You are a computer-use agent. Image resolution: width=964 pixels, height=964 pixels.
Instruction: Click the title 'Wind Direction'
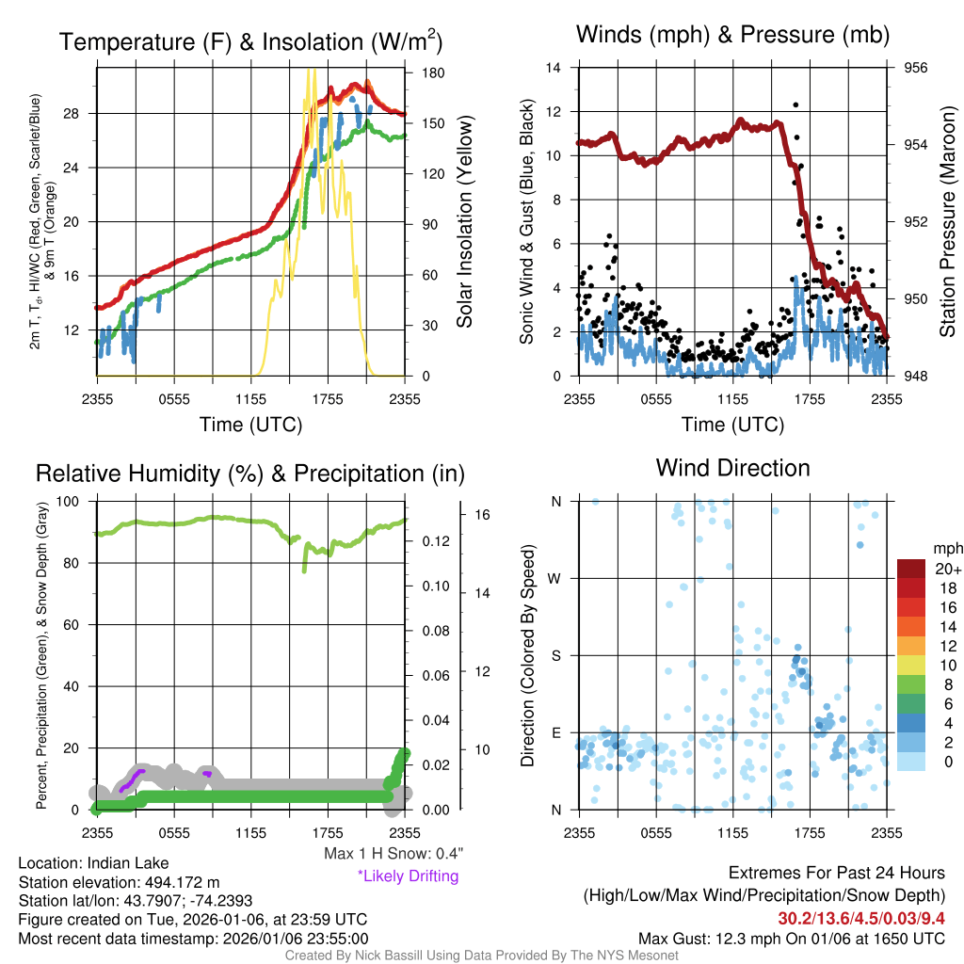pyautogui.click(x=732, y=468)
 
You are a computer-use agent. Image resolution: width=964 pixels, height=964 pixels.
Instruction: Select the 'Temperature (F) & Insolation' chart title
pyautogui.click(x=250, y=42)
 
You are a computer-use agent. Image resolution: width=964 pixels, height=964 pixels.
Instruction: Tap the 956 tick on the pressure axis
pyautogui.click(x=917, y=68)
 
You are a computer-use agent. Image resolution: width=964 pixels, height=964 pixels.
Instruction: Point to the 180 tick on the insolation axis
pyautogui.click(x=433, y=72)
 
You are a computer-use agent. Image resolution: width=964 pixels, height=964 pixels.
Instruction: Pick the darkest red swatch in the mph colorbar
pyautogui.click(x=912, y=569)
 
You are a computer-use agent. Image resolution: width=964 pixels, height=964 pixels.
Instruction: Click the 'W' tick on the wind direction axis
pyautogui.click(x=555, y=578)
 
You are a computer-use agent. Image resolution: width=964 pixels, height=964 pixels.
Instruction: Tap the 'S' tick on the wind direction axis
pyautogui.click(x=555, y=655)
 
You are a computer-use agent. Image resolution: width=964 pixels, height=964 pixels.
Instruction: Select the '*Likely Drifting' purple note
pyautogui.click(x=408, y=876)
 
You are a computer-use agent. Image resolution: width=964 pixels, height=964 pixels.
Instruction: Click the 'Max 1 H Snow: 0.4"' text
pyautogui.click(x=393, y=854)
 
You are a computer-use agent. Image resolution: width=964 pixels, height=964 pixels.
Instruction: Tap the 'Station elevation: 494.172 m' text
pyautogui.click(x=119, y=882)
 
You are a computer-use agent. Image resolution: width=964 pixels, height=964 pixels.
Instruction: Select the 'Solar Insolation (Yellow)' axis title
pyautogui.click(x=465, y=222)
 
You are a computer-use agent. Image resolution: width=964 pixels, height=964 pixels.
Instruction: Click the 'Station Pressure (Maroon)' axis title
pyautogui.click(x=947, y=222)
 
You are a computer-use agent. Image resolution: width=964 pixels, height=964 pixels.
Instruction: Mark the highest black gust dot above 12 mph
pyautogui.click(x=795, y=105)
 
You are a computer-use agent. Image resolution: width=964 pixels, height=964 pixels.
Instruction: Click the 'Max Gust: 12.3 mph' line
pyautogui.click(x=791, y=939)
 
